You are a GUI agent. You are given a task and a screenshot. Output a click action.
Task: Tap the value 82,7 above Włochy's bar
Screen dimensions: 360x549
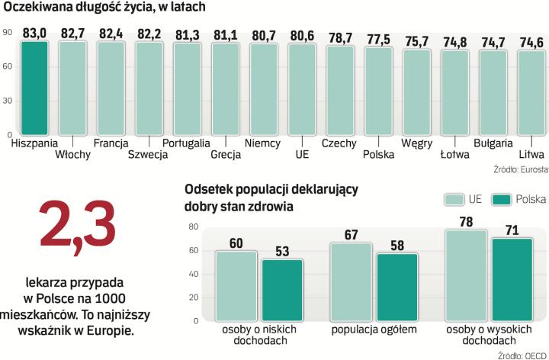pyautogui.click(x=72, y=33)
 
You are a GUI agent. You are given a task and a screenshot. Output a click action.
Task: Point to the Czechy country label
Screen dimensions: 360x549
pyautogui.click(x=340, y=143)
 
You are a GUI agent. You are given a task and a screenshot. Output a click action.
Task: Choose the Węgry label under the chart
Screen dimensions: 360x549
pyautogui.click(x=416, y=143)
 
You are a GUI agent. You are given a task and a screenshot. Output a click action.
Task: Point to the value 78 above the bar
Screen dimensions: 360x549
pyautogui.click(x=466, y=222)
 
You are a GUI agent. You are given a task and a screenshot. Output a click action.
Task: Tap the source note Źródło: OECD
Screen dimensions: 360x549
pyautogui.click(x=522, y=354)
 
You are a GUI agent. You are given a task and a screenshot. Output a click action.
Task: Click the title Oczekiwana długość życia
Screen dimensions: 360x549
pyautogui.click(x=106, y=8)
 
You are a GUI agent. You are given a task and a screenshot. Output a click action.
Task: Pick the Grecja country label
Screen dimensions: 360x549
pyautogui.click(x=226, y=154)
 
